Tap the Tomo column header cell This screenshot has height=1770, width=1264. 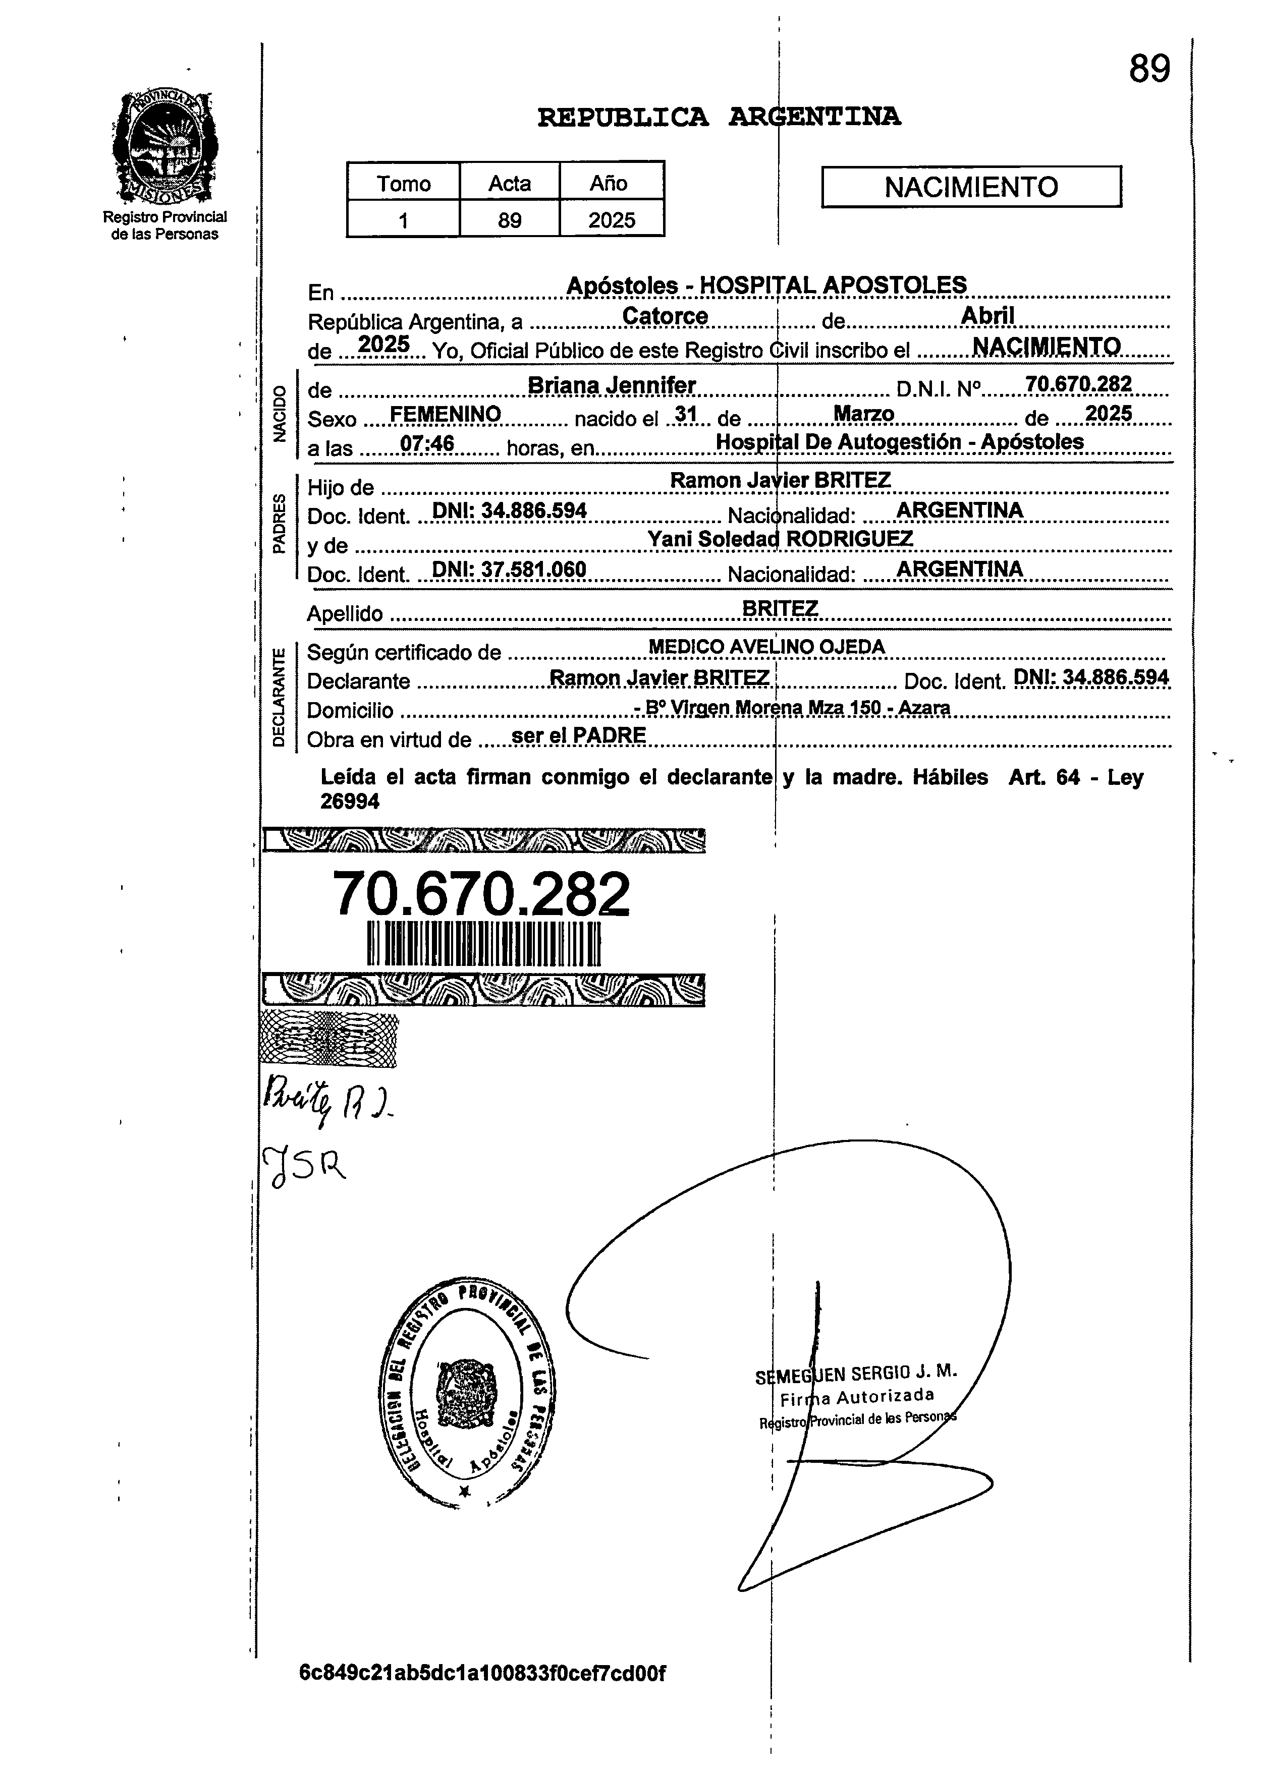403,184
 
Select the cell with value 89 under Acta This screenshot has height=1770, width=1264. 509,220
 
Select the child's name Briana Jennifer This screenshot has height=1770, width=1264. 611,385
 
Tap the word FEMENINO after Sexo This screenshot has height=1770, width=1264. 445,414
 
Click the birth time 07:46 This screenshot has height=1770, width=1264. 426,444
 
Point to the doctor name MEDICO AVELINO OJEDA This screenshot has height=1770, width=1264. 766,647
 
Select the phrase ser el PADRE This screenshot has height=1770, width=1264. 578,735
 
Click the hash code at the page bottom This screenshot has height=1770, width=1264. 482,1673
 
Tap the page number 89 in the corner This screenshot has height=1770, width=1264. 1149,69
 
